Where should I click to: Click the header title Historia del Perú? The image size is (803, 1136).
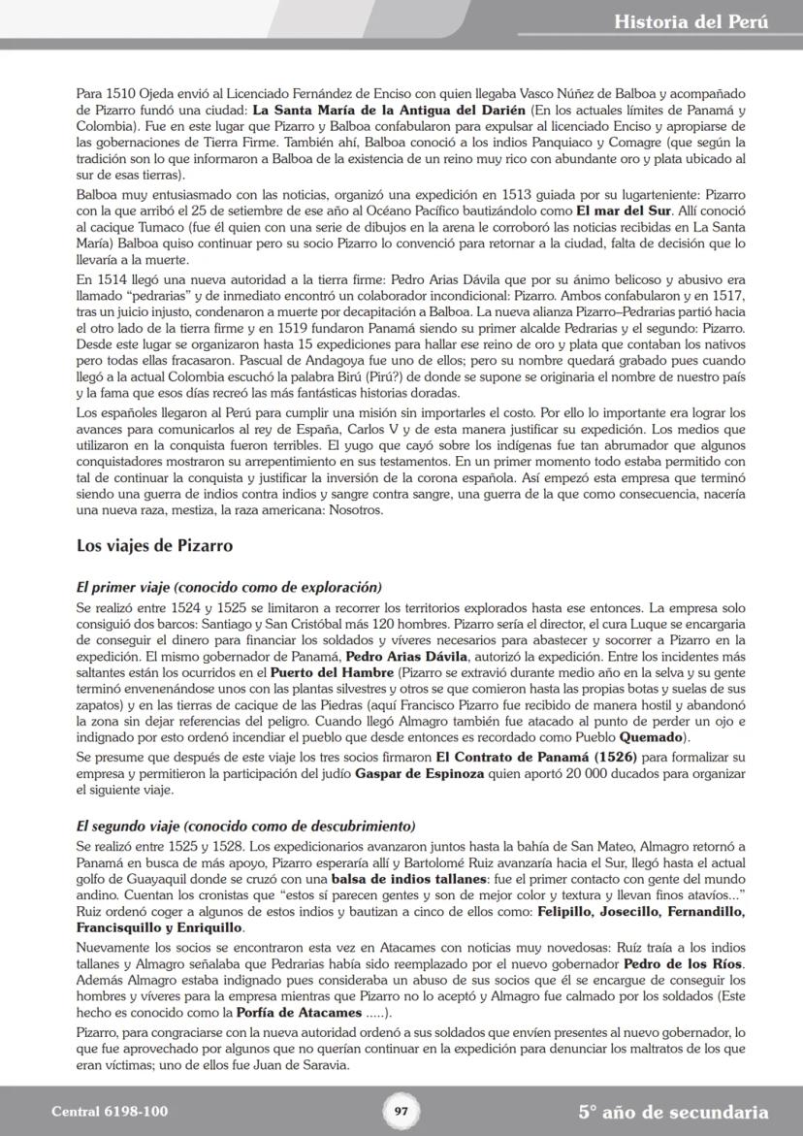pos(691,21)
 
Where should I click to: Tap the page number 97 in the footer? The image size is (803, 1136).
pos(401,1112)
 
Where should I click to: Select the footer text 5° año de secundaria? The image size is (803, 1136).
pos(673,1112)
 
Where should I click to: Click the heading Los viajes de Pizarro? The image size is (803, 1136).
pos(154,546)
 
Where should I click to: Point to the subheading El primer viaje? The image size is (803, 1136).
pos(229,587)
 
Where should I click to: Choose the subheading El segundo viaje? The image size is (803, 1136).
pos(245,826)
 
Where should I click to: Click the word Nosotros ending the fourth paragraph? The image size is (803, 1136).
pos(357,510)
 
